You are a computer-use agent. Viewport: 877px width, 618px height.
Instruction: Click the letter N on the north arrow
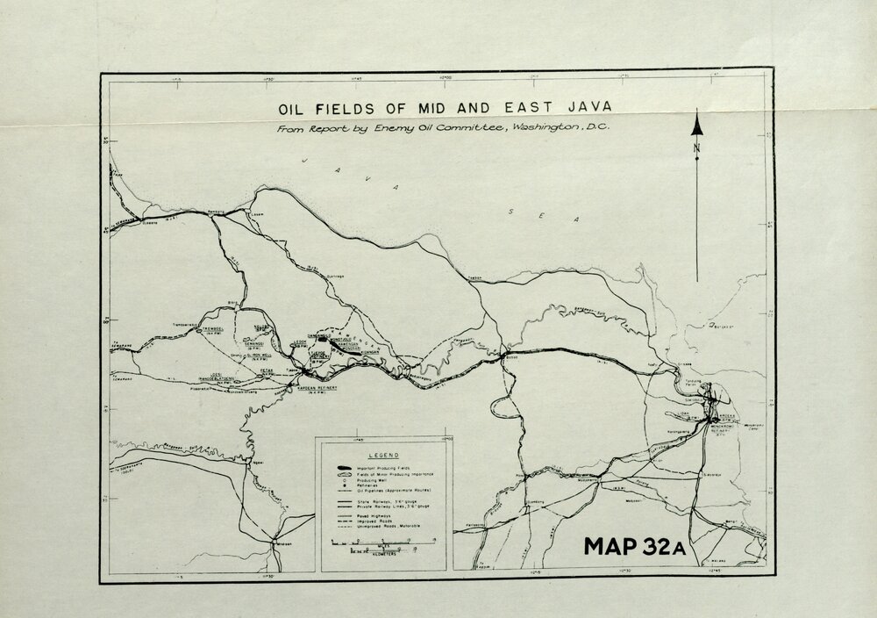(697, 147)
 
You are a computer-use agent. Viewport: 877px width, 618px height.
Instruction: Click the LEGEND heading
(383, 456)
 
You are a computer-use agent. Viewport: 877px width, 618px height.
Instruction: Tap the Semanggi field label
(232, 344)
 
